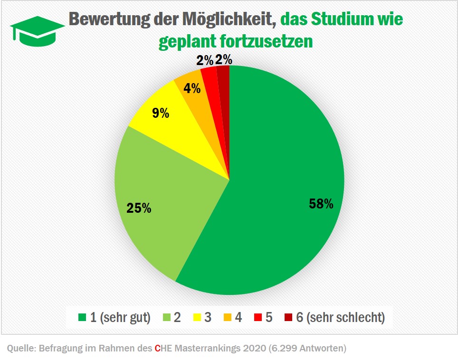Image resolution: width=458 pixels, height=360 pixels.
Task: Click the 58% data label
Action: point(321,204)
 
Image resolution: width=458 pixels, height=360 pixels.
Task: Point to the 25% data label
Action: point(139,208)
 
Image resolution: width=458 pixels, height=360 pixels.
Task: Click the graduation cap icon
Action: point(37,30)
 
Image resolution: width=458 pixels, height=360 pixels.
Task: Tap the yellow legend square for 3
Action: point(195,318)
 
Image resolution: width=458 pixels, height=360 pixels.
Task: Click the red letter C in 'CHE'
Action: point(157,349)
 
